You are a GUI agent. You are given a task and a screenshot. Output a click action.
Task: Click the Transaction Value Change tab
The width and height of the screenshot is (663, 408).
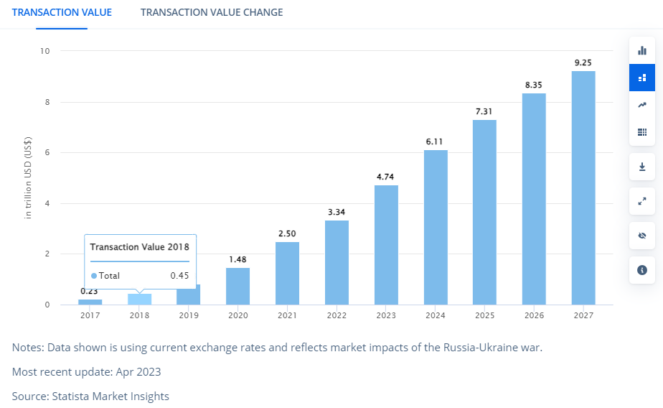pos(212,12)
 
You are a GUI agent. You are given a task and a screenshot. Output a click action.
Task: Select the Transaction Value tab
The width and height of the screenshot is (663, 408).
pos(62,12)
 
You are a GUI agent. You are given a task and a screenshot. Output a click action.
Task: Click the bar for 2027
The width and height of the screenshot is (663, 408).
pos(583,187)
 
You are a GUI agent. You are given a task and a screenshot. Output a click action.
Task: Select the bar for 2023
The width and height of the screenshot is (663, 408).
pos(386,244)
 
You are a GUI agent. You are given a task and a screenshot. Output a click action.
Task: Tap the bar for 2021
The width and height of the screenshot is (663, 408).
pos(288,273)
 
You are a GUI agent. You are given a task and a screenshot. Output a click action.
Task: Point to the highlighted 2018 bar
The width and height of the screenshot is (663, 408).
pos(140,299)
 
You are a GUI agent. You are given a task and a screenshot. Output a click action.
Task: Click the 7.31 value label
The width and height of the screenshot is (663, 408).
pos(484,111)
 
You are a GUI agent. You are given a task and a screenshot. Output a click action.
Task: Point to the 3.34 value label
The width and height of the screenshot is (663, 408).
pos(337,212)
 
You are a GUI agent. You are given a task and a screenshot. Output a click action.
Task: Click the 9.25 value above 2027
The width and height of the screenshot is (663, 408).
pos(583,62)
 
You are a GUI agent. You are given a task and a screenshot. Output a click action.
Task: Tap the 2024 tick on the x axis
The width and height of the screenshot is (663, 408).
pos(436,315)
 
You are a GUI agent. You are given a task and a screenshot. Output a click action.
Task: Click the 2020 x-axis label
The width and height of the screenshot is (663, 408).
pos(238,315)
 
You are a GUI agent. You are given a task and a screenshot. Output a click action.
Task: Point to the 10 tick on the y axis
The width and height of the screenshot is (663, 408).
pos(45,51)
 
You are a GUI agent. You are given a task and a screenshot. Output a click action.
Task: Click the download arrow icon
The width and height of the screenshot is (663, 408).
pos(642,167)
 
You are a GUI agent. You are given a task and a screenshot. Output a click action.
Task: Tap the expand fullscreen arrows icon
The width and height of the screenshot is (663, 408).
pos(642,201)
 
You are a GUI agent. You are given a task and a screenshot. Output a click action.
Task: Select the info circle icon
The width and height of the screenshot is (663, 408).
pos(642,270)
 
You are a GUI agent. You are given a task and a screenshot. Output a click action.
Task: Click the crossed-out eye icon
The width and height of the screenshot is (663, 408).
pos(642,236)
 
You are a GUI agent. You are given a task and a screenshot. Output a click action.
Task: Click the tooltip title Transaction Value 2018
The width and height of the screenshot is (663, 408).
pos(140,247)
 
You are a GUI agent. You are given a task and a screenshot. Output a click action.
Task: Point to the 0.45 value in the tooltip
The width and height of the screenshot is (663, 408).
pos(179,276)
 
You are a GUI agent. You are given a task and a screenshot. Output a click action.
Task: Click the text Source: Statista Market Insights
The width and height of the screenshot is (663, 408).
pos(90,396)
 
